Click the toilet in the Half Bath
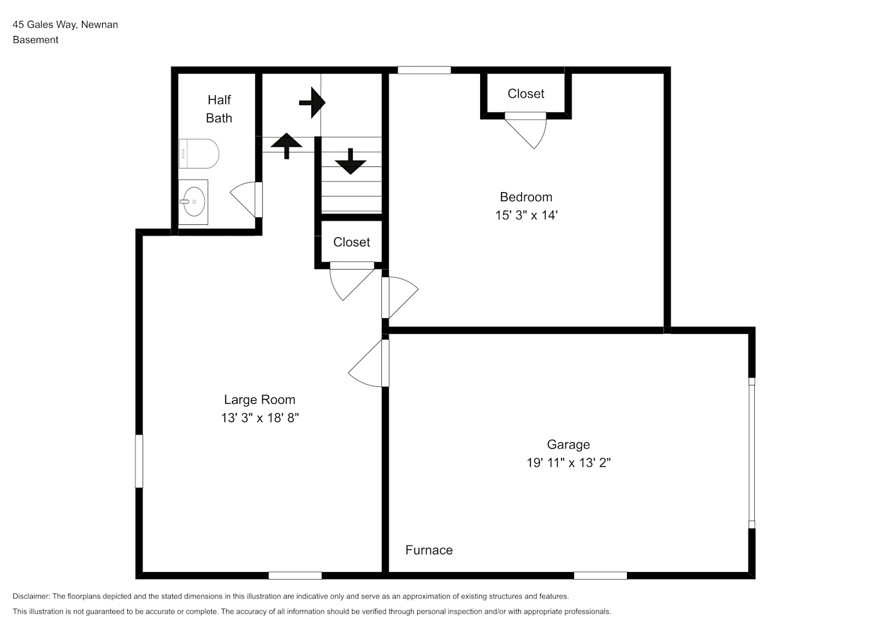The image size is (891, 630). (x=199, y=154)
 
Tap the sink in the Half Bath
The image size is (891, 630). (x=193, y=202)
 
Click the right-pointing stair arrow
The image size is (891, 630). (x=313, y=103)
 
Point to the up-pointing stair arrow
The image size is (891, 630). (x=286, y=146)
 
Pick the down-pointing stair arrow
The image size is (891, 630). (x=350, y=161)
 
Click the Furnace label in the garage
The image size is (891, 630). (x=429, y=550)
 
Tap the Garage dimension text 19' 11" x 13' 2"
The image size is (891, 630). (x=569, y=462)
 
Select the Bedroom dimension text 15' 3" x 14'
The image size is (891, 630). (x=526, y=215)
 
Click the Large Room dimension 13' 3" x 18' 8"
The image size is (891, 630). (x=260, y=418)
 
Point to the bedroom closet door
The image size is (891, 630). (x=526, y=130)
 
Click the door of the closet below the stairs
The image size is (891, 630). (x=352, y=281)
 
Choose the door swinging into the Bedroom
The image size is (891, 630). (x=400, y=297)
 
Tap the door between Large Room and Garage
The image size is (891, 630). (x=369, y=363)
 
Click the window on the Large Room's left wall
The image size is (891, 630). (x=139, y=461)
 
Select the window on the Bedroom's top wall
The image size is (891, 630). (x=425, y=70)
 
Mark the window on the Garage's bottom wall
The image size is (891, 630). (x=601, y=576)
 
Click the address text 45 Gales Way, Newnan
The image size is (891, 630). (x=66, y=25)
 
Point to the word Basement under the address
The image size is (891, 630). (x=35, y=40)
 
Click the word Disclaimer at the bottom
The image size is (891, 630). (x=32, y=596)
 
